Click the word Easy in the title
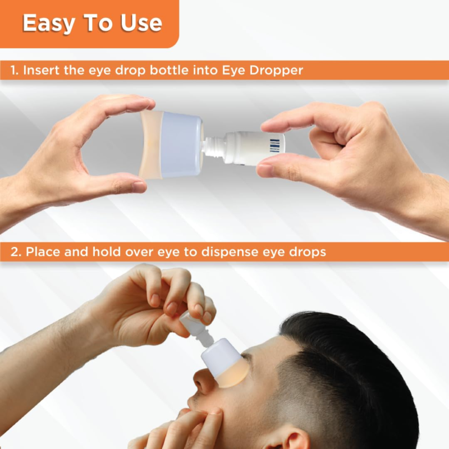pyautogui.click(x=49, y=24)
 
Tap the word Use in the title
pyautogui.click(x=141, y=22)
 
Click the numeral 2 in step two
pyautogui.click(x=15, y=252)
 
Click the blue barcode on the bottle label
pyautogui.click(x=274, y=145)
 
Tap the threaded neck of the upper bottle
pyautogui.click(x=213, y=146)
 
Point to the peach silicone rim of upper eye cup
pyautogui.click(x=151, y=145)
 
